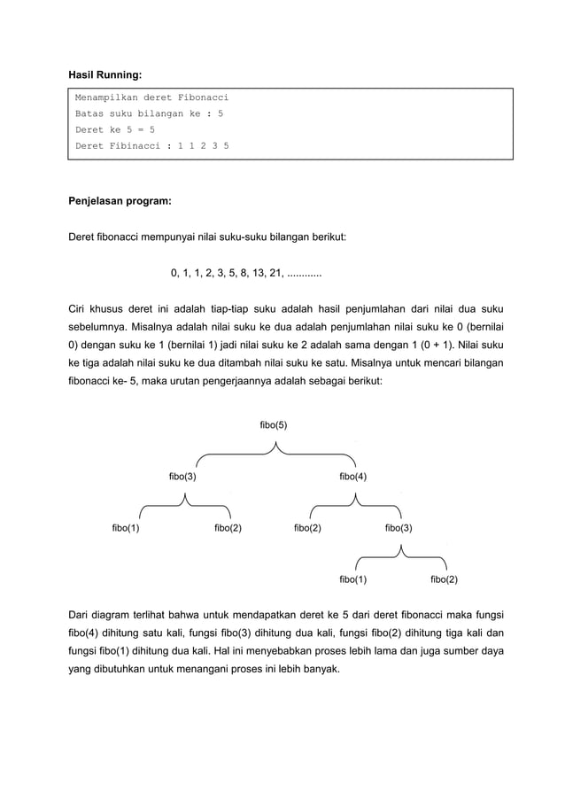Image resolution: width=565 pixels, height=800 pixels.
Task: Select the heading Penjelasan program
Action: point(120,201)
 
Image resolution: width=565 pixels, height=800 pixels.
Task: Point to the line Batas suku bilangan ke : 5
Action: point(149,113)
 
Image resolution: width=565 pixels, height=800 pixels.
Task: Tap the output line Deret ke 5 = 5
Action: point(115,129)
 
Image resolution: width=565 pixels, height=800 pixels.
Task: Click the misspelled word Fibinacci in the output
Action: point(133,145)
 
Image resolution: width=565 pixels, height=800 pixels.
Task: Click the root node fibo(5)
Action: point(273,425)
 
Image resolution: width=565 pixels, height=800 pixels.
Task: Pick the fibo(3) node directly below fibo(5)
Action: point(182,477)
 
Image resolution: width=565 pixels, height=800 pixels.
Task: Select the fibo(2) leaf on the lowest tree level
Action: point(444,579)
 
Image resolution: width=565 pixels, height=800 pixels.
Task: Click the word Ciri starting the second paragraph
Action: point(80,309)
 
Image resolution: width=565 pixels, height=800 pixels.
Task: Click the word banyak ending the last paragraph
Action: point(319,668)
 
